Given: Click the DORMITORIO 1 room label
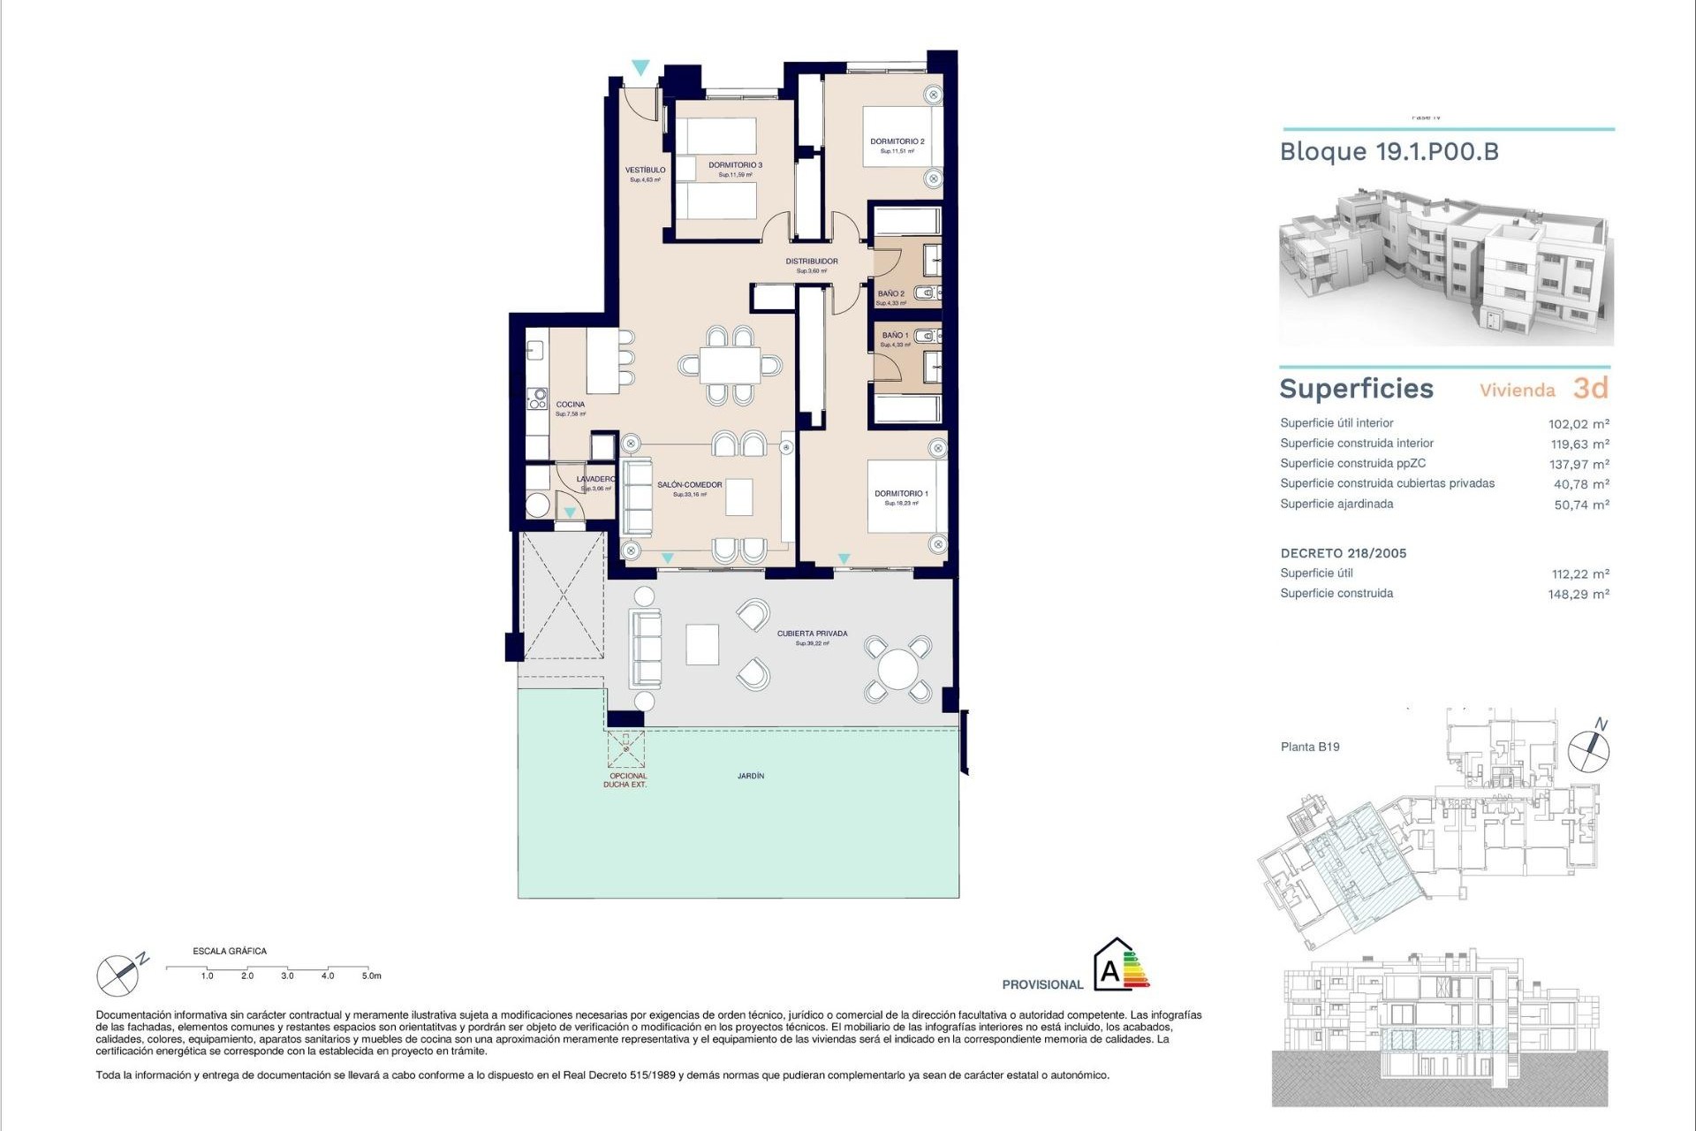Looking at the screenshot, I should click(901, 494).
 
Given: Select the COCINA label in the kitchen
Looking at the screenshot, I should click(571, 405).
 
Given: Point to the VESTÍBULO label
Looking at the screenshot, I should click(645, 171).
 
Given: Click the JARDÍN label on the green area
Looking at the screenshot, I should click(751, 776).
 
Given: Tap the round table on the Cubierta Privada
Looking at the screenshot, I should click(897, 670).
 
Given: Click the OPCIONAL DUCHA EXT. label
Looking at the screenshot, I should click(627, 780).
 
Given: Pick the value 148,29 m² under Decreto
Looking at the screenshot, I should click(1578, 595).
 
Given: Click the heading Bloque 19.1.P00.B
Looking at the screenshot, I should click(1389, 152).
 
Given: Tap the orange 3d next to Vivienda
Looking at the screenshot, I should click(1590, 389).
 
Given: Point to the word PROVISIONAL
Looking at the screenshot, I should click(1042, 984).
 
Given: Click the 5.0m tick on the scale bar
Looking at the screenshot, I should click(370, 975).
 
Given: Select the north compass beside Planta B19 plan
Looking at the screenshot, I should click(1588, 751).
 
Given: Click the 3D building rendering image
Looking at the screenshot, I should click(1445, 267).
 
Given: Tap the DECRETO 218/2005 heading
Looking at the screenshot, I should click(1343, 554).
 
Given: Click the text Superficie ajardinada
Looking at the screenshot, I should click(1336, 505).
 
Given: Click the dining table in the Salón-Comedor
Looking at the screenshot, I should click(730, 365).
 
